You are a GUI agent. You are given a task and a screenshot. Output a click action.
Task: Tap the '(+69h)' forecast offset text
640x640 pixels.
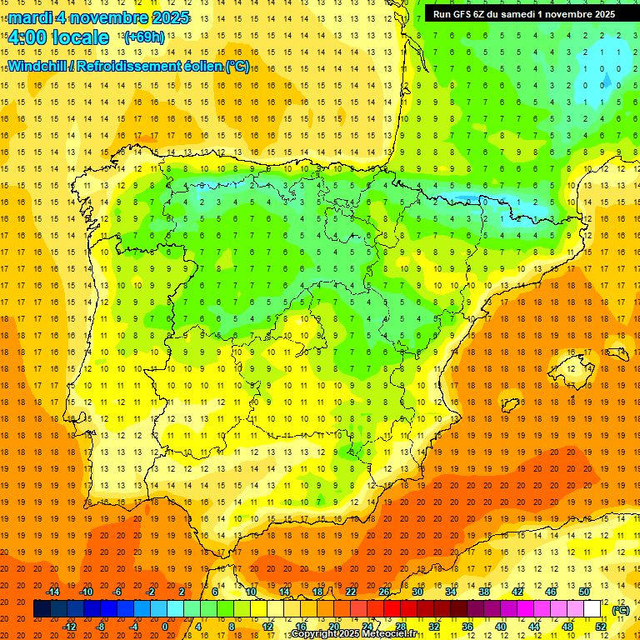click(144, 37)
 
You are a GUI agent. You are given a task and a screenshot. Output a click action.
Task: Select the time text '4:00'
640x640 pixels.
click(27, 37)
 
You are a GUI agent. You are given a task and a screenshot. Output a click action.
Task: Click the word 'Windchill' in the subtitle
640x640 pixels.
click(37, 66)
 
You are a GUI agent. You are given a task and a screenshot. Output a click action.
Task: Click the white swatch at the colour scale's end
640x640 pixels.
click(592, 609)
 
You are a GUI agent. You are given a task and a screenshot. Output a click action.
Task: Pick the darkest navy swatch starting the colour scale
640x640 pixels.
click(42, 609)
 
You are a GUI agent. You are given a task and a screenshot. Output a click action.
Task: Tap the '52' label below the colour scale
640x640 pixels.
click(601, 627)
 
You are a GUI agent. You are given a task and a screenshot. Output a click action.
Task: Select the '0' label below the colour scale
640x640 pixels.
click(166, 627)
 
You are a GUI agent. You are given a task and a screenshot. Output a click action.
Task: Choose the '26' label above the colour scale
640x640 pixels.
click(384, 592)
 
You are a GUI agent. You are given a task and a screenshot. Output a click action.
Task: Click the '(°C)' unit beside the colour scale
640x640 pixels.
click(621, 610)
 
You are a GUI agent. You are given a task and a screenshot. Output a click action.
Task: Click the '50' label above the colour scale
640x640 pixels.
click(583, 592)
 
